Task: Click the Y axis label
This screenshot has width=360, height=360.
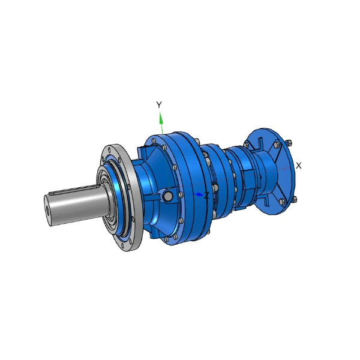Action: coord(159,104)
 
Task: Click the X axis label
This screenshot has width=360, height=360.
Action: coord(298,166)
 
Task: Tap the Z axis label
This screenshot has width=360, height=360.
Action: coord(206,196)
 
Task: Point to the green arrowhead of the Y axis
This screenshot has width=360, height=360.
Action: coord(161,118)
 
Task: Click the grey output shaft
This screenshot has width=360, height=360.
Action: coord(76,205)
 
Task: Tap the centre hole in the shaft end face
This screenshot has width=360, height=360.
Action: coord(47,209)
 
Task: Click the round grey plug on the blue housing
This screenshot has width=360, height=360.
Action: coord(168,196)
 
